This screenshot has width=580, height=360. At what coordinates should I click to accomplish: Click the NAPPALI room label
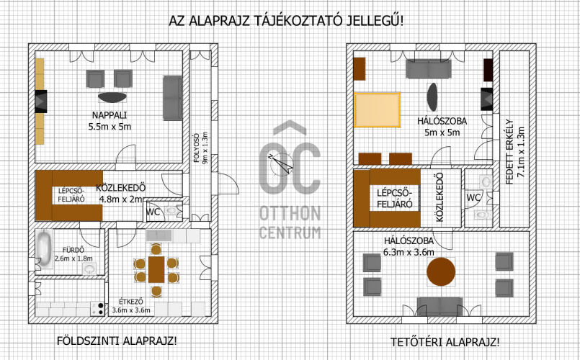(110, 115)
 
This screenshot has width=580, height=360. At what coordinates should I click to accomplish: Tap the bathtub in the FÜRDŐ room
(45, 248)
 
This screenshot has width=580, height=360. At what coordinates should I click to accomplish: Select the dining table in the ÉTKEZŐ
(156, 269)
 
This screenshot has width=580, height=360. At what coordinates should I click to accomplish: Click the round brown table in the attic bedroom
(441, 271)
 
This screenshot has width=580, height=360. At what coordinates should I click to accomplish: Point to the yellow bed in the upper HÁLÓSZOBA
(378, 110)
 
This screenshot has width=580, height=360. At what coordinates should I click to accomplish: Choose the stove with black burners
(98, 309)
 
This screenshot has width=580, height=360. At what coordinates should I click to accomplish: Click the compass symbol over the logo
(281, 163)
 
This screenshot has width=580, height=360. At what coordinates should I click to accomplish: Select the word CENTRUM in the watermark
(290, 233)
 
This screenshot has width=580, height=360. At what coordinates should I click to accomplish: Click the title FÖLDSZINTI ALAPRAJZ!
(117, 341)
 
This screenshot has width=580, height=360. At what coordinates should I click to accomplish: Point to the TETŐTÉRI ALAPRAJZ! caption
(445, 342)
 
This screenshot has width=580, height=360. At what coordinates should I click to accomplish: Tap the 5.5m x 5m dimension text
(110, 127)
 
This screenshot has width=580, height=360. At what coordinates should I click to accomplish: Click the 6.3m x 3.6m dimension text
(409, 253)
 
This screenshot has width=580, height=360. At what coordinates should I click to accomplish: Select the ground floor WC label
(153, 212)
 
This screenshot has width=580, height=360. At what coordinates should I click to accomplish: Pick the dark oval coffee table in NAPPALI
(112, 97)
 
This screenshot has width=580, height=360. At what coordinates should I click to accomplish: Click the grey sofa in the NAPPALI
(172, 98)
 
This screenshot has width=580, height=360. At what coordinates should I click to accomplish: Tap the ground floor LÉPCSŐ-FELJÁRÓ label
(71, 195)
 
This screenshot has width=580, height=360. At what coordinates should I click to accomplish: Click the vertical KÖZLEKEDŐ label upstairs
(440, 197)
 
